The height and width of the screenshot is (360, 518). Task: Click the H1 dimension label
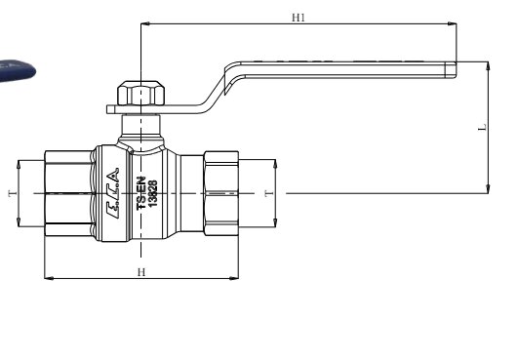[x=299, y=18]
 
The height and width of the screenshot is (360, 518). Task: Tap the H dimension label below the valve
[x=141, y=272]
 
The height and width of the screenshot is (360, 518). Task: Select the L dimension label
[x=483, y=127]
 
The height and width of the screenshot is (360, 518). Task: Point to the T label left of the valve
[x=13, y=193]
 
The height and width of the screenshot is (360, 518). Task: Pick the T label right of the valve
[x=269, y=193]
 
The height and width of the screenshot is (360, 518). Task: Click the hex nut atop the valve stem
[x=140, y=93]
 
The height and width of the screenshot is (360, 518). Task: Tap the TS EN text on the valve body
[x=141, y=193]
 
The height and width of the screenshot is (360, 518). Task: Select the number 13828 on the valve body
[x=152, y=193]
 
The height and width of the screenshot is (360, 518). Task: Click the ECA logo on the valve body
[x=112, y=193]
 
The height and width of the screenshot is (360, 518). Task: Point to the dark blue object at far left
[x=17, y=71]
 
